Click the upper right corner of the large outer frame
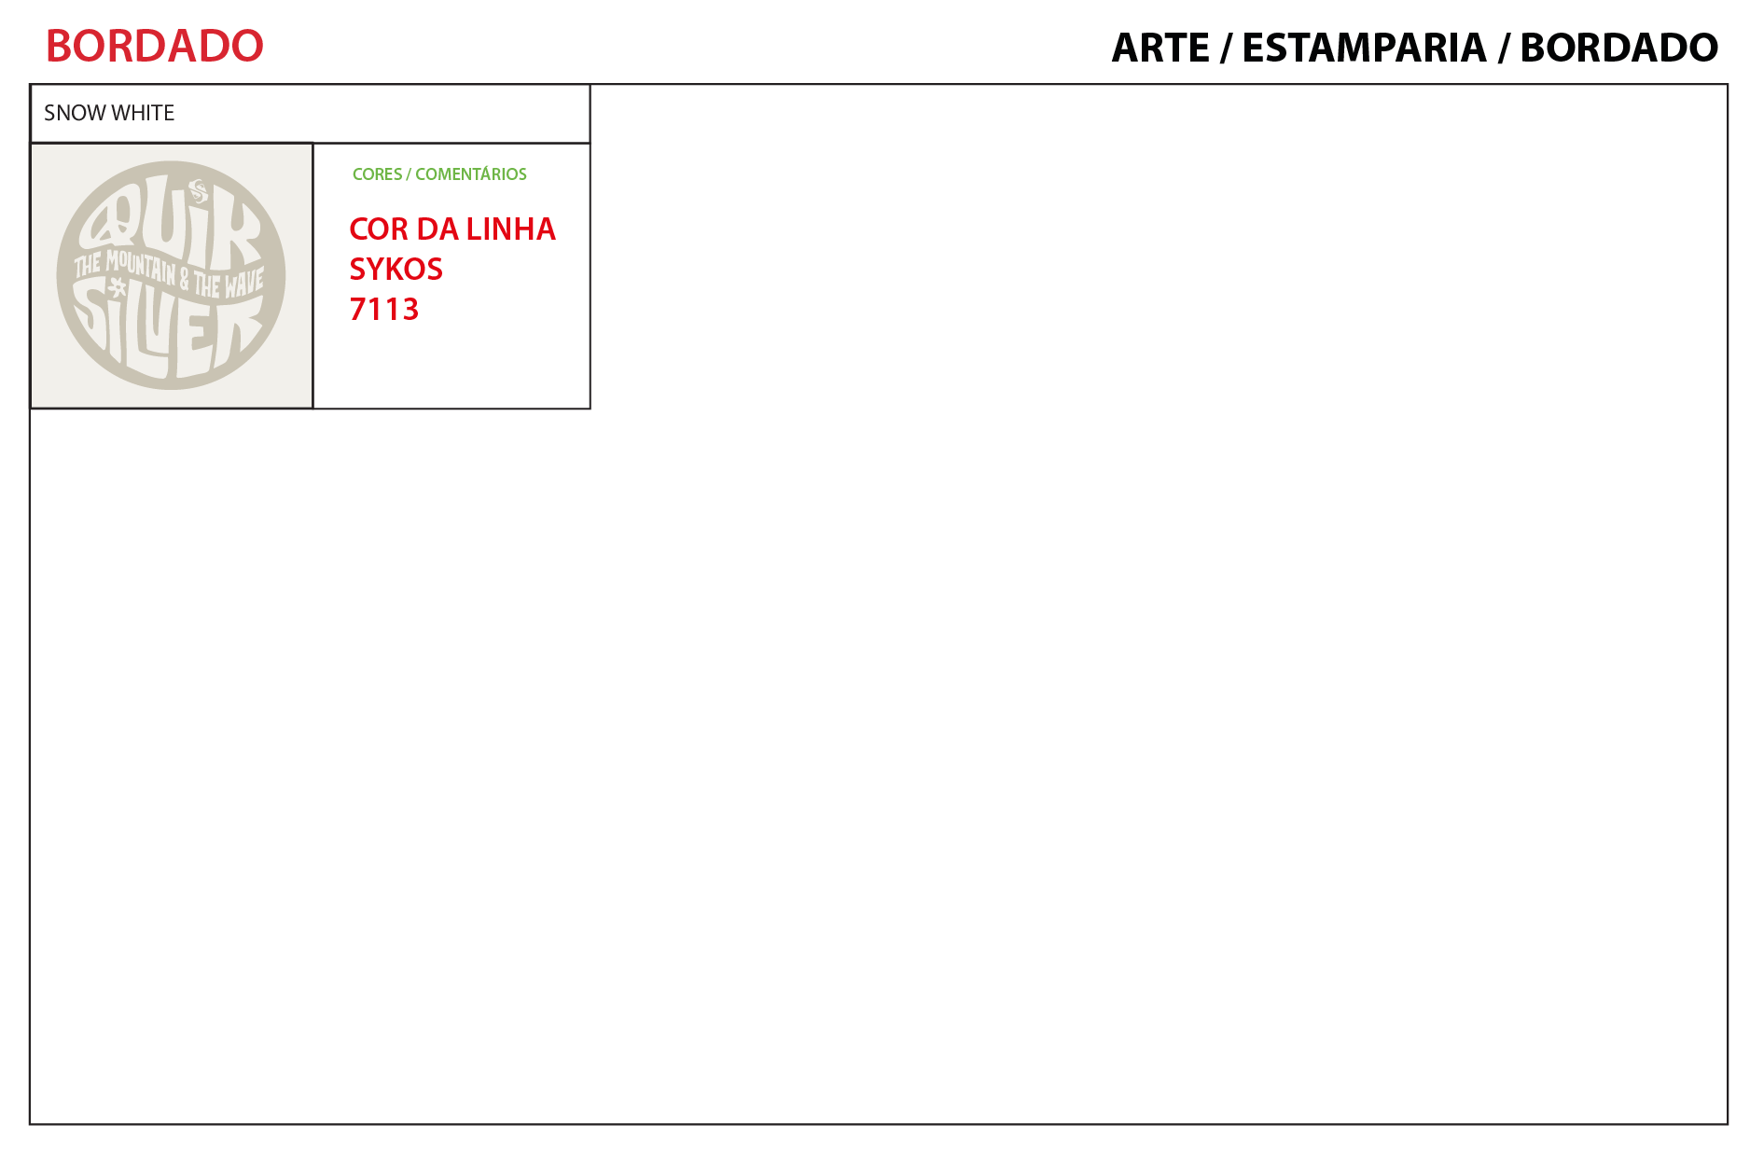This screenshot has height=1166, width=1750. point(1727,85)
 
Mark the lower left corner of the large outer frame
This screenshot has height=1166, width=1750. point(31,1123)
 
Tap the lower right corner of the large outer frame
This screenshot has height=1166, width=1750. point(1727,1123)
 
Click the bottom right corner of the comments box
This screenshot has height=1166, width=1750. point(590,408)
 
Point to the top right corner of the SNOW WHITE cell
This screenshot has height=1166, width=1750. point(590,86)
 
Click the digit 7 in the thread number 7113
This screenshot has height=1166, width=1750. point(358,309)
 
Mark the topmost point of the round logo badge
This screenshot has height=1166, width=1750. point(172,161)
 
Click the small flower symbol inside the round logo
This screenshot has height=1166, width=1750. point(118,288)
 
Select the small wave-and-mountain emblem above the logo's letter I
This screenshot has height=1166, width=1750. point(198,190)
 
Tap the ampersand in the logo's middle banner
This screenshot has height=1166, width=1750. point(185,278)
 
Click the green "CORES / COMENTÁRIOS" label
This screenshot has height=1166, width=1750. point(439,174)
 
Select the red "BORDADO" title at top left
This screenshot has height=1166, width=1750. point(155,46)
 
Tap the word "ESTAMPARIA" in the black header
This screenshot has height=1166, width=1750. point(1364,48)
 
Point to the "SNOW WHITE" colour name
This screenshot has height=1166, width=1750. point(109,113)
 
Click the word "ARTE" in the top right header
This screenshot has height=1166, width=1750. point(1160,48)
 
